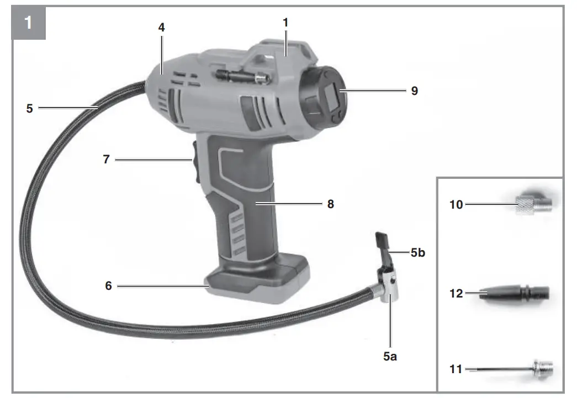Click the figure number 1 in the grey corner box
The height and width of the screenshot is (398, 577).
28,23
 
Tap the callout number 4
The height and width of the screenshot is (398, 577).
162,27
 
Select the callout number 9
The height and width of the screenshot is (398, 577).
415,91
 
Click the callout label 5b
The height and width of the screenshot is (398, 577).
417,253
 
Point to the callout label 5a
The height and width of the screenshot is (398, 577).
390,356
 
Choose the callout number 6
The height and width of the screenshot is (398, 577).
109,285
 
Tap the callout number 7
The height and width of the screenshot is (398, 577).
107,160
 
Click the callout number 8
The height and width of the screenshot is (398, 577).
330,204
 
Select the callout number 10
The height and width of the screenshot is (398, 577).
456,204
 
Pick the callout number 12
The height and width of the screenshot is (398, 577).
456,293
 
